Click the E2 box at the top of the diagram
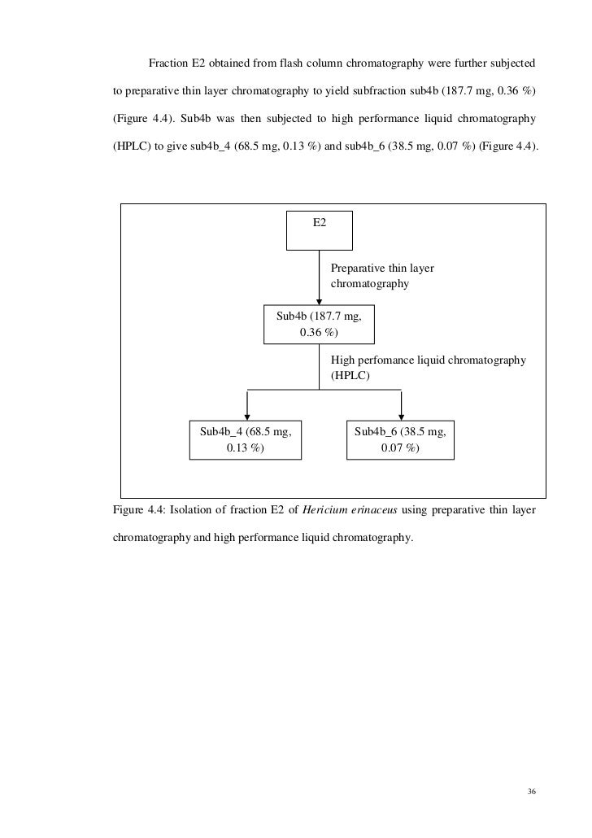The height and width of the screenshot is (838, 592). [x=320, y=230]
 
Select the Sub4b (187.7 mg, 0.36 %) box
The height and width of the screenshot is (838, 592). [x=319, y=324]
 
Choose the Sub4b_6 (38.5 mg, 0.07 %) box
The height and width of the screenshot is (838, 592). [x=401, y=439]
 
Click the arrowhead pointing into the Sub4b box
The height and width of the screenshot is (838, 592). [x=319, y=302]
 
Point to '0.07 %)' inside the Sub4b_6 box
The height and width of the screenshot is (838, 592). [x=401, y=447]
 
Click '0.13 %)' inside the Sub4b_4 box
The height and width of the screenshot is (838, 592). [x=246, y=447]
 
